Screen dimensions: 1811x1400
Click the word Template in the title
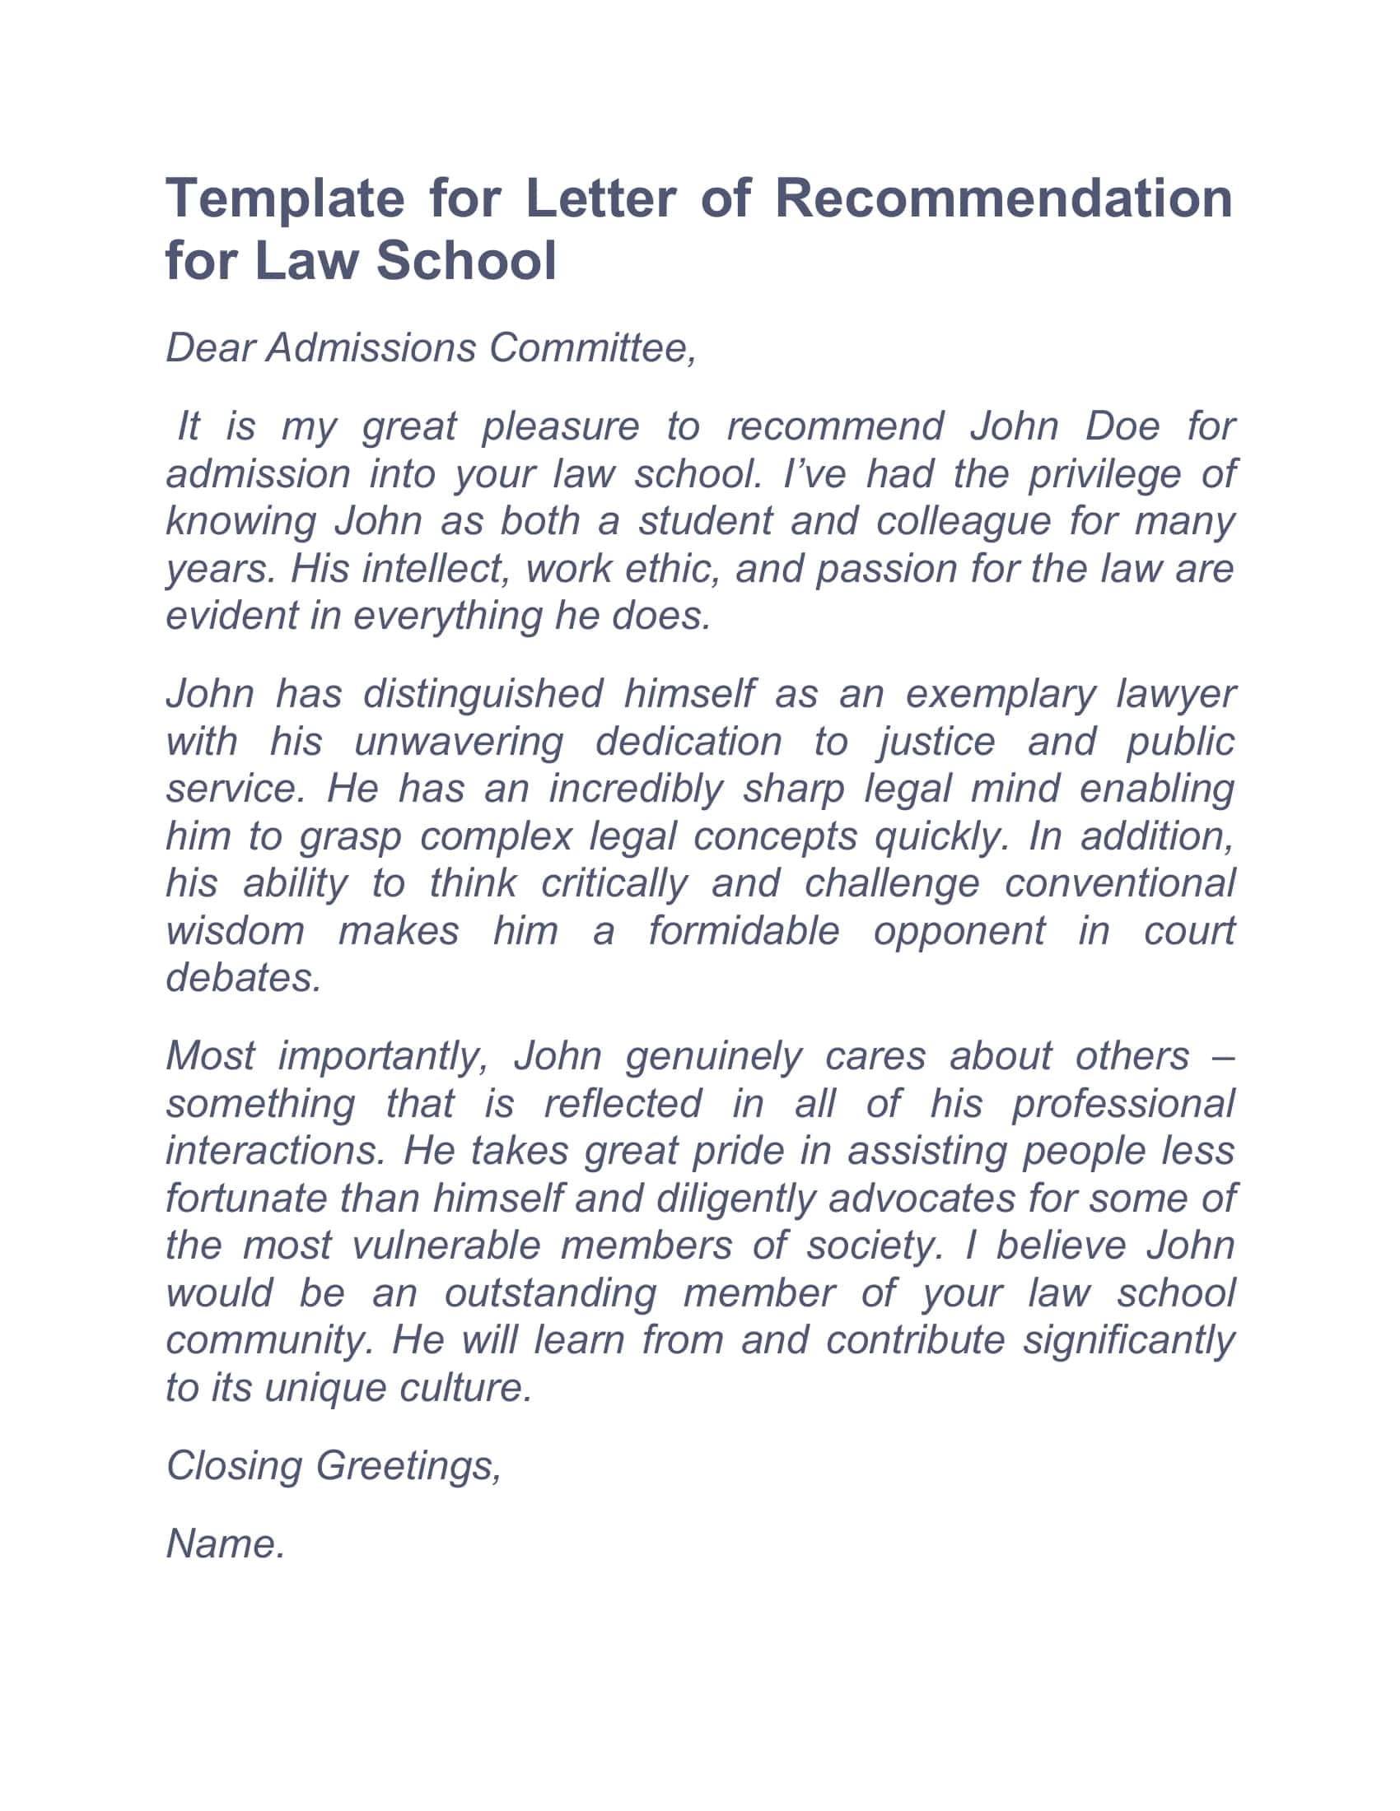[x=284, y=200]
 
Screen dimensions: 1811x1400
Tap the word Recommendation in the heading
[x=1004, y=200]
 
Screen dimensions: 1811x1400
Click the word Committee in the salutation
[x=592, y=347]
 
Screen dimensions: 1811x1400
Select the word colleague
[x=963, y=521]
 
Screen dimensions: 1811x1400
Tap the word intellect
[x=434, y=568]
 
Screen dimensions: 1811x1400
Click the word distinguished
[x=483, y=693]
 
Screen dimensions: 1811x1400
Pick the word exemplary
[x=1001, y=693]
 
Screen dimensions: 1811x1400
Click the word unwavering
[x=459, y=741]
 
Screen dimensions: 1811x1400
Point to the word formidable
[x=744, y=930]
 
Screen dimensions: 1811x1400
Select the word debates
[x=243, y=978]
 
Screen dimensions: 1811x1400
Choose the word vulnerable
[x=446, y=1245]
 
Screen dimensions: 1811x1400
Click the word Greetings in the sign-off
[x=409, y=1466]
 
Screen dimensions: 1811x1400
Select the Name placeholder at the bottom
[x=226, y=1544]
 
